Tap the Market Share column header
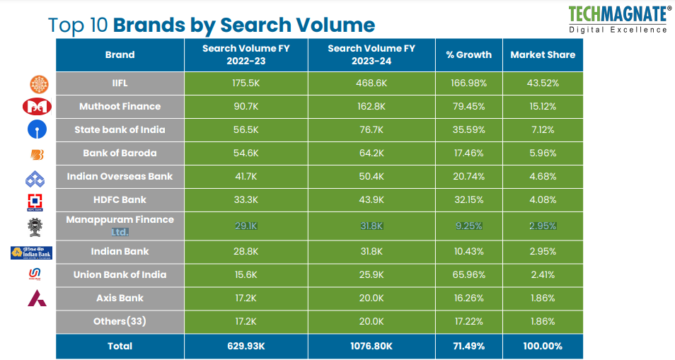[x=543, y=54]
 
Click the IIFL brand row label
[x=120, y=83]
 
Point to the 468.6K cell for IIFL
[x=371, y=83]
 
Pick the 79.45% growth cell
[x=468, y=106]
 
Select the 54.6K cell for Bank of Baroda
[x=246, y=153]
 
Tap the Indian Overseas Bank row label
[x=120, y=176]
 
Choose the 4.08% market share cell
[x=543, y=199]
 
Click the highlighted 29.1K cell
[x=246, y=226]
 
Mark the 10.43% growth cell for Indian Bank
[x=468, y=251]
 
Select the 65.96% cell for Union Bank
[x=468, y=274]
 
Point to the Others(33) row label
[x=120, y=321]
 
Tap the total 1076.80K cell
[x=371, y=346]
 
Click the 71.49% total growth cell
[x=468, y=346]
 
